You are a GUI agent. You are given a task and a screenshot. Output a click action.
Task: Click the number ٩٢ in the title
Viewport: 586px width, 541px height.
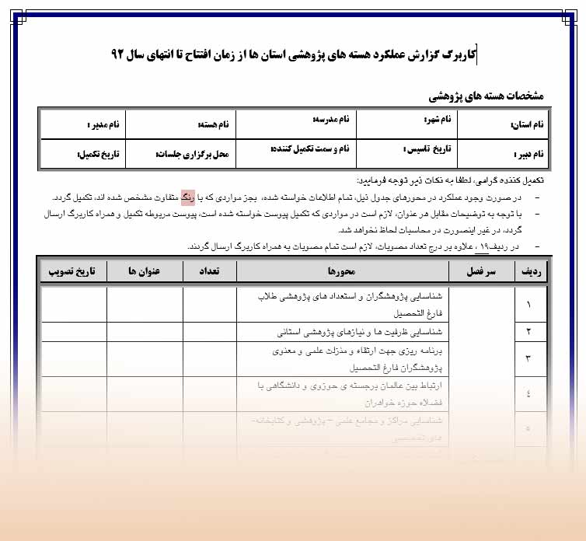point(125,55)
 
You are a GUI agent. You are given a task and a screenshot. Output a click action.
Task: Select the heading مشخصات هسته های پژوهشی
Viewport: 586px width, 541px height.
point(487,96)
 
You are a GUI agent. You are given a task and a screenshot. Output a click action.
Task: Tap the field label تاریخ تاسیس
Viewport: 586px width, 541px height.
point(433,148)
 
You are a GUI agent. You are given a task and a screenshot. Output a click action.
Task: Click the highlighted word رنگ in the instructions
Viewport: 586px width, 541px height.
point(189,196)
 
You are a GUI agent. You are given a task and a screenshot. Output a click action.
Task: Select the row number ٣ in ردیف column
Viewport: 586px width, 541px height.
point(529,358)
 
